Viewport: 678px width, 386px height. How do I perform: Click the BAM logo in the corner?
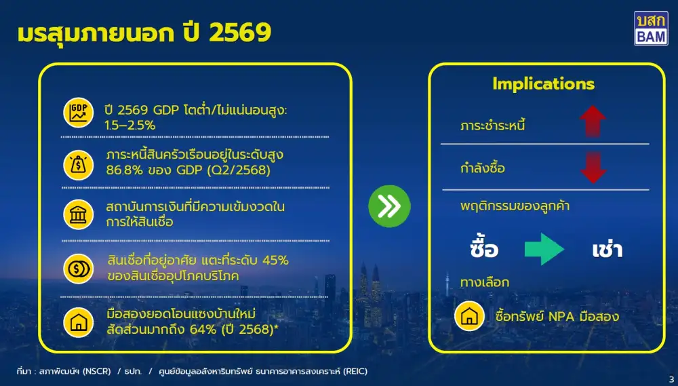[650, 28]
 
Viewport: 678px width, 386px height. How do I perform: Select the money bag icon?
[79, 163]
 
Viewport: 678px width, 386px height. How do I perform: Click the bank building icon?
[79, 214]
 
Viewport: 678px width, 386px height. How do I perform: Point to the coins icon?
[79, 269]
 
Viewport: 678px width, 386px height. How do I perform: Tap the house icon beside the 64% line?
[79, 322]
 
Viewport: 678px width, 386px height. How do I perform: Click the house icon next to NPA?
[469, 316]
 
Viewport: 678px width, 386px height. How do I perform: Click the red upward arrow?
[593, 122]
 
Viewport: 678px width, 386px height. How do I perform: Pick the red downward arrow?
[593, 168]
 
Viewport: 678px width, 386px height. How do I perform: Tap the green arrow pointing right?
[544, 248]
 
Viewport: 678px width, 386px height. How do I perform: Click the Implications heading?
[543, 84]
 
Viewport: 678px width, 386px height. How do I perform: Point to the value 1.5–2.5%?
[131, 125]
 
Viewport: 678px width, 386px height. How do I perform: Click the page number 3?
[671, 379]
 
